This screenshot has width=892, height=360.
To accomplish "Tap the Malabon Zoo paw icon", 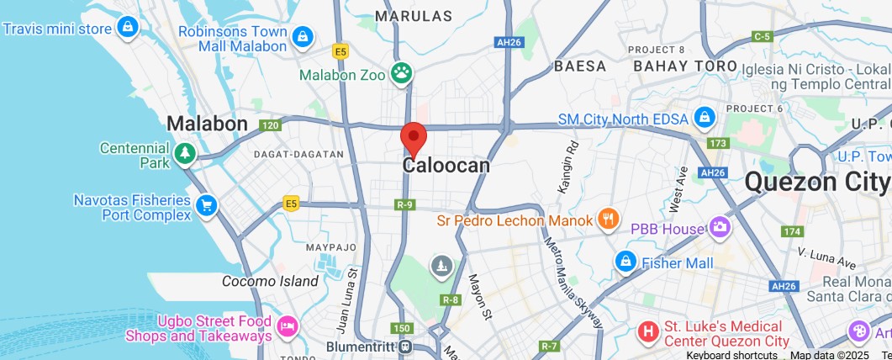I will (x=402, y=73).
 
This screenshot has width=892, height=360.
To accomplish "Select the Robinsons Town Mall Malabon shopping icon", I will (x=303, y=36).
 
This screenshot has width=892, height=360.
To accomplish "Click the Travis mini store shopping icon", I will (x=127, y=29).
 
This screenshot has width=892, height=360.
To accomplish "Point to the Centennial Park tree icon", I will (x=185, y=154).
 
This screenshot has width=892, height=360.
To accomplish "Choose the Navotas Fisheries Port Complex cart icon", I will (x=206, y=205).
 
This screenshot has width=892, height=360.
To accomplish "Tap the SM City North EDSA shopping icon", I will (x=703, y=119).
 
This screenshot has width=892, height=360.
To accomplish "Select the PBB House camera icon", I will (x=720, y=227).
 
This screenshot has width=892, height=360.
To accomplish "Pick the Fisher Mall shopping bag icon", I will (x=625, y=262).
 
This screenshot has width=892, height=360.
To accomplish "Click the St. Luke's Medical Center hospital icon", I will (x=647, y=331).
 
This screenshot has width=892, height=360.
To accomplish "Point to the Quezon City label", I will (x=816, y=182).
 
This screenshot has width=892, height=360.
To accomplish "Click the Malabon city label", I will (x=207, y=124).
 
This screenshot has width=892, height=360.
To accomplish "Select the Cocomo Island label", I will (x=270, y=281).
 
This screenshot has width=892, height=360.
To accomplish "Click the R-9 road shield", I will (x=405, y=204).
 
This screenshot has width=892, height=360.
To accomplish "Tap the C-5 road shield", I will (x=763, y=36).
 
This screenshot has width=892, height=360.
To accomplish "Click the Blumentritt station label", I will (x=361, y=346).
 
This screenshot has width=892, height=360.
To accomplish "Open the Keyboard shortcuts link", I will (x=731, y=355).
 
